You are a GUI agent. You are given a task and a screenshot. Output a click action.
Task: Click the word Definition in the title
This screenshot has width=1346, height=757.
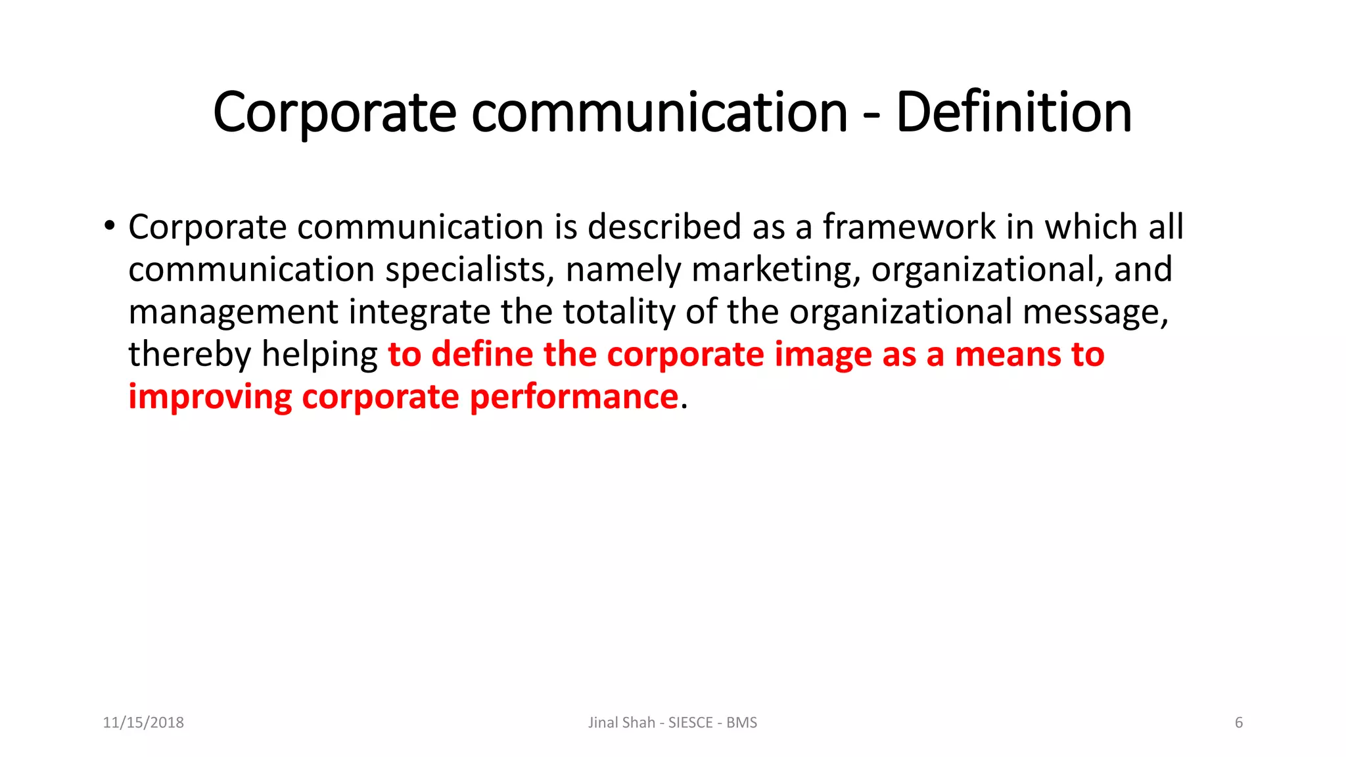click(1013, 112)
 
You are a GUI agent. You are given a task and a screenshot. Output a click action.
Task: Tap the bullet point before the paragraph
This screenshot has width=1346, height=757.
click(109, 227)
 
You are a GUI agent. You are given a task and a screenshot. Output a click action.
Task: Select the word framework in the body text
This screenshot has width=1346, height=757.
click(910, 227)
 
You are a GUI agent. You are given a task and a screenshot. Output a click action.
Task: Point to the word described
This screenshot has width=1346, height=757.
click(664, 227)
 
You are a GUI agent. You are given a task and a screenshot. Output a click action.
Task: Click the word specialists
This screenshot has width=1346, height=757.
click(469, 270)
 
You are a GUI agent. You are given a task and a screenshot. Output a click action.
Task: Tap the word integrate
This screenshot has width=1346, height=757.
click(419, 312)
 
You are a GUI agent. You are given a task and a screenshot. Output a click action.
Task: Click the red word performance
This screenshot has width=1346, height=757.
click(574, 397)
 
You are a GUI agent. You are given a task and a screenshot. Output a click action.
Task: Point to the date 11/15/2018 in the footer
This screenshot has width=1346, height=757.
click(143, 723)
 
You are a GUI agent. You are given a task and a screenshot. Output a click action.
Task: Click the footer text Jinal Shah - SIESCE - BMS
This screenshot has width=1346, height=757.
click(672, 723)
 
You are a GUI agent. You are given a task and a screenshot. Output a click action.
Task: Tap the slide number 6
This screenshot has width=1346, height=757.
click(1239, 723)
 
